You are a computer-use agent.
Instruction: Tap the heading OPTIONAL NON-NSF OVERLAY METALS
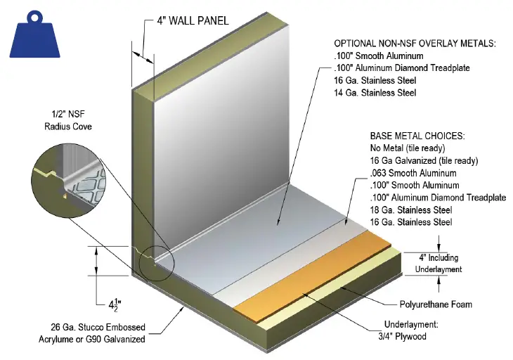click(414, 44)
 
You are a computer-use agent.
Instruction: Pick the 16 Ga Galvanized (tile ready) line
click(422, 161)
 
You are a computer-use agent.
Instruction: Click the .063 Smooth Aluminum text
click(413, 173)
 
